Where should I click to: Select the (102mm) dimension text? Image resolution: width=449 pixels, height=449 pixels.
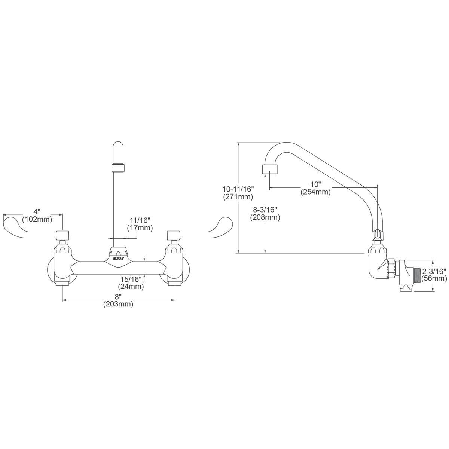click(x=37, y=219)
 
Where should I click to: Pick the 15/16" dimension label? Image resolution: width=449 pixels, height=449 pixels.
click(x=132, y=279)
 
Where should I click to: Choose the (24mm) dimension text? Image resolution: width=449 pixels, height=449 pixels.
click(x=131, y=286)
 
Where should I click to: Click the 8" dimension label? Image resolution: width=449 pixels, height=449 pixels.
click(x=118, y=297)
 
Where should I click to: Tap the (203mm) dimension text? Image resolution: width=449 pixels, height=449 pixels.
click(x=118, y=304)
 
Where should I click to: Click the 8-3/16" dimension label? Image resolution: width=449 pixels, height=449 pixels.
click(x=266, y=210)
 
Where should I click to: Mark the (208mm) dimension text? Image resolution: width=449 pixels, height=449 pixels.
click(x=266, y=217)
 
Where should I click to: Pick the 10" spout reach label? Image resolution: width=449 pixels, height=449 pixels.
click(x=316, y=184)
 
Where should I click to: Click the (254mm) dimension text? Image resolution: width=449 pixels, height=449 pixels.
click(x=316, y=192)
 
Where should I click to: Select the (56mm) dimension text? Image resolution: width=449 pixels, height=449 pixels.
click(x=434, y=279)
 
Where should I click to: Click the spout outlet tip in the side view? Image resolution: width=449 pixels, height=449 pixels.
click(x=270, y=169)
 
